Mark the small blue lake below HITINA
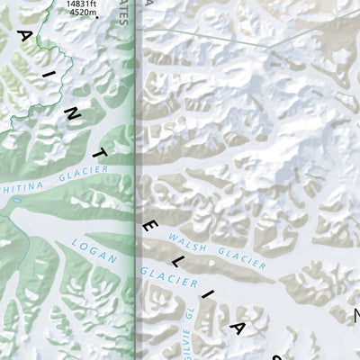(x=16, y=216)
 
